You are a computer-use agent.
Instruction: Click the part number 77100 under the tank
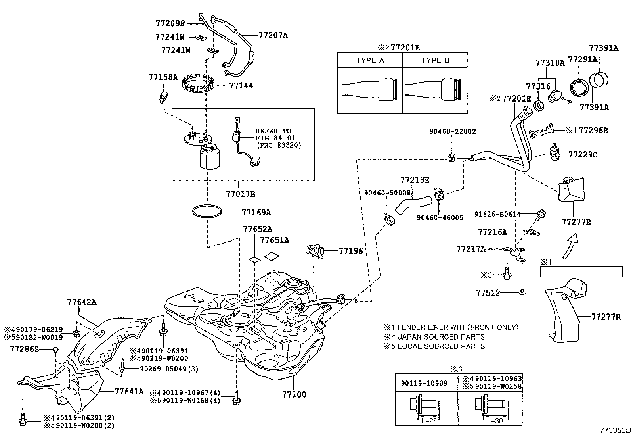[294, 394]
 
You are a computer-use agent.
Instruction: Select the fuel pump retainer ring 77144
[198, 85]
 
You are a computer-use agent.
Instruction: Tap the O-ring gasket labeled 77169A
[207, 211]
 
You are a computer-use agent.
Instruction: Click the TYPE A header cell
[370, 60]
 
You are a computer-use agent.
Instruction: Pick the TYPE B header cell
[435, 60]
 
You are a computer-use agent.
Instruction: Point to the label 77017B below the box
[240, 194]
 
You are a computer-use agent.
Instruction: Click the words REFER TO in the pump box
[273, 131]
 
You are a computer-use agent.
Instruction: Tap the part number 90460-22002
[453, 131]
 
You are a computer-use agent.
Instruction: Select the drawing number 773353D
[615, 430]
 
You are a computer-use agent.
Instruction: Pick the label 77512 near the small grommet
[488, 293]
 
